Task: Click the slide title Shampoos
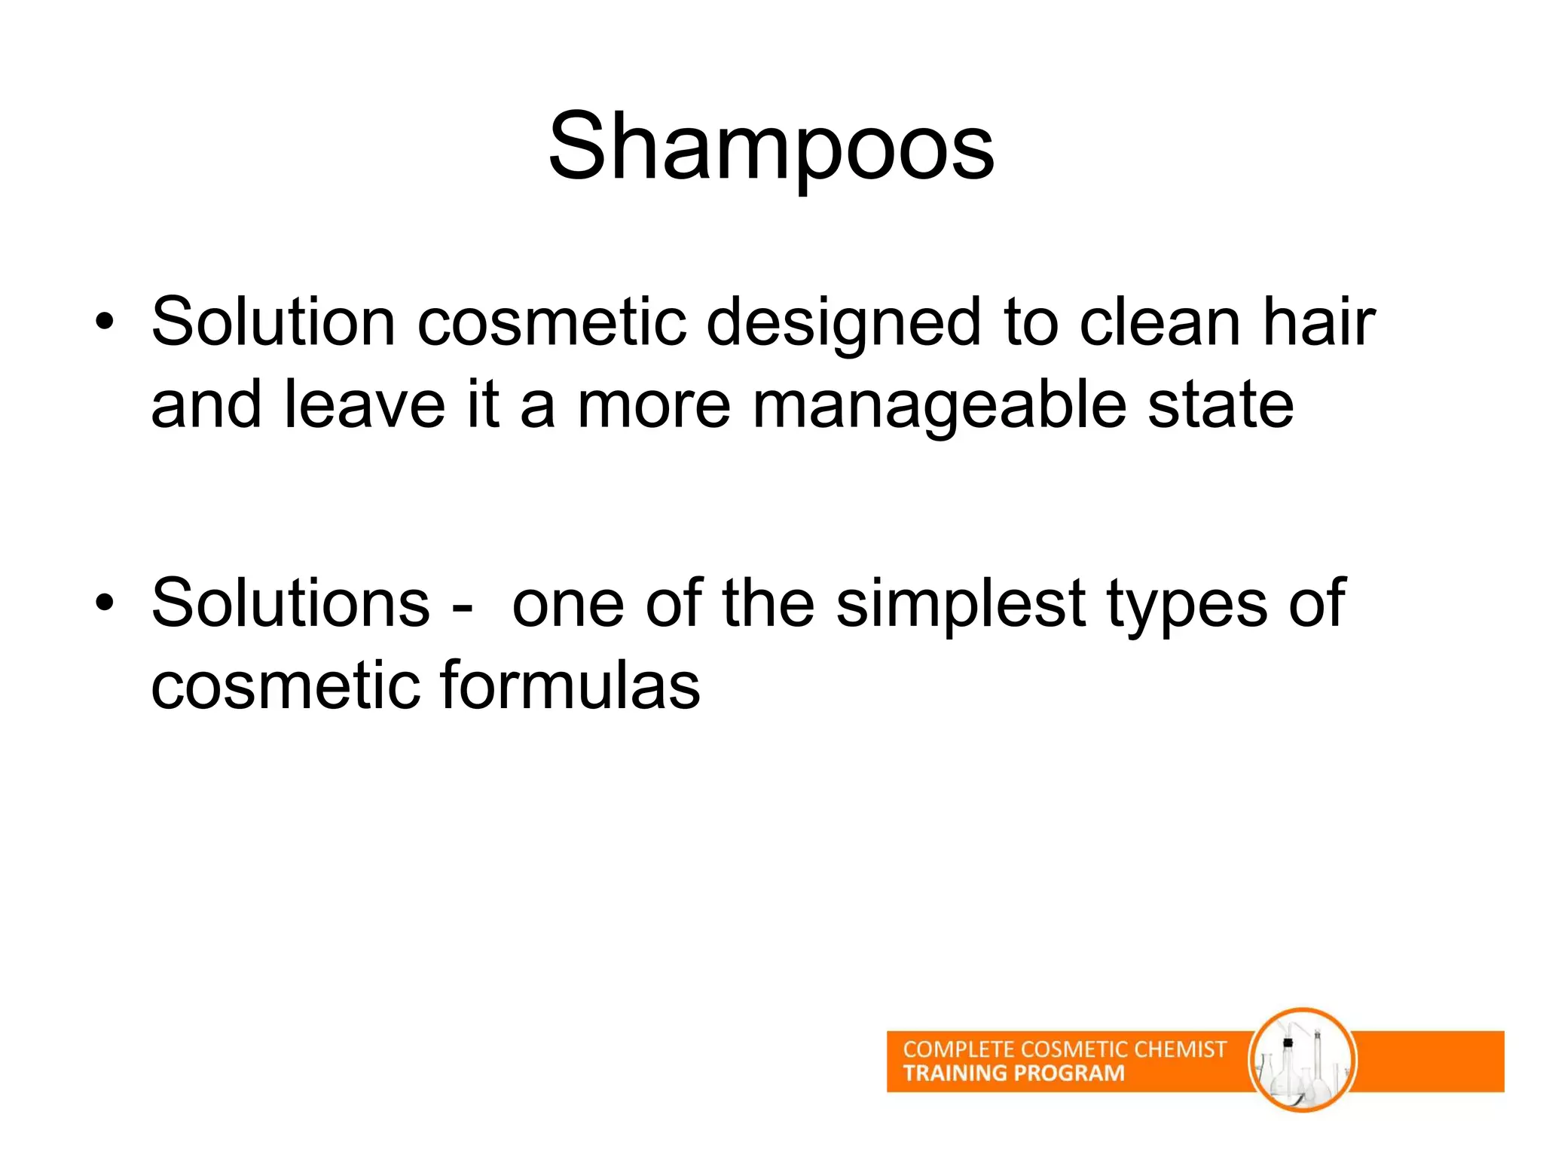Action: pyautogui.click(x=771, y=147)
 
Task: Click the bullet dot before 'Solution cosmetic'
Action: pyautogui.click(x=105, y=323)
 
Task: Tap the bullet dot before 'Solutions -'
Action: pyautogui.click(x=105, y=603)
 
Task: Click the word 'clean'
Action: pyautogui.click(x=1160, y=322)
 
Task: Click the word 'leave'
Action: pyautogui.click(x=365, y=405)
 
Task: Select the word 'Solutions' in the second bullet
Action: pyautogui.click(x=291, y=603)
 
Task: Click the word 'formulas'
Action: pyautogui.click(x=570, y=685)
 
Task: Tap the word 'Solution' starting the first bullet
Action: pyautogui.click(x=273, y=322)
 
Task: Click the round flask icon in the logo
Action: pyautogui.click(x=1302, y=1061)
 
